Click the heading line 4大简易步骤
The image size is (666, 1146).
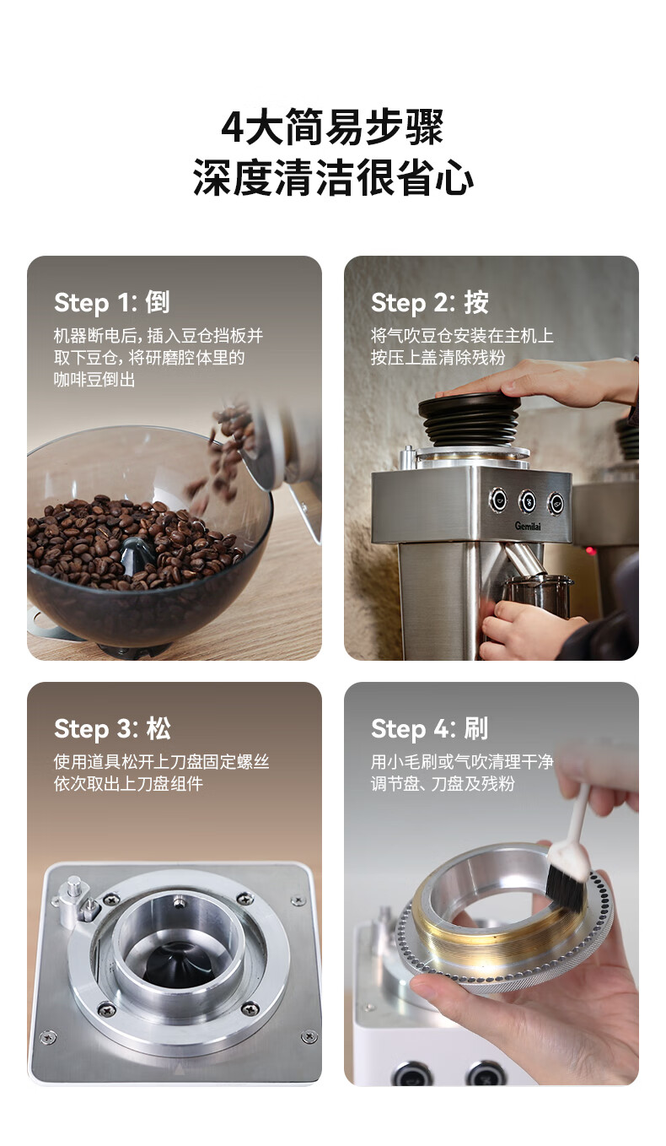coord(332,127)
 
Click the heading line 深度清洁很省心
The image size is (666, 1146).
coord(333,177)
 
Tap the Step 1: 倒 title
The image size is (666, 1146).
coord(111,302)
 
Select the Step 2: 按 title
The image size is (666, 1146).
coord(429,302)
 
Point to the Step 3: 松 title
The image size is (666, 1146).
coord(112,728)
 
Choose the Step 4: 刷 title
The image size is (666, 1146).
coord(429,728)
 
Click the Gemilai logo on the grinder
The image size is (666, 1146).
coord(528,526)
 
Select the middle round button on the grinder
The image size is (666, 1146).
coord(527,500)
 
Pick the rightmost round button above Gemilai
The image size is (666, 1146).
coord(556,502)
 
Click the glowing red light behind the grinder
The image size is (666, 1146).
coord(590,551)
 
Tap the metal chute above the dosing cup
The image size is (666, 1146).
coord(522,559)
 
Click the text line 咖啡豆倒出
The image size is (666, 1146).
coord(94,379)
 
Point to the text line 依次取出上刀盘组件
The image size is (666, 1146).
coord(128,783)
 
